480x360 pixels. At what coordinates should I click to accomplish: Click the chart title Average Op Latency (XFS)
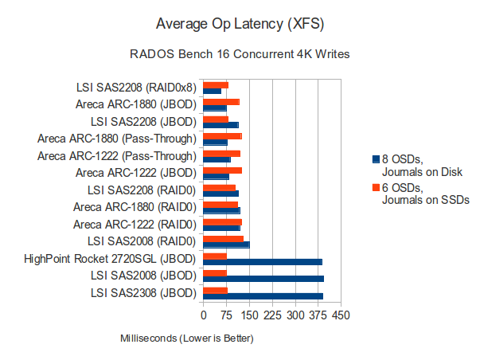click(x=240, y=24)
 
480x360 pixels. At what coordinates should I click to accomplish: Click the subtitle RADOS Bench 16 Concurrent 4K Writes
click(x=240, y=55)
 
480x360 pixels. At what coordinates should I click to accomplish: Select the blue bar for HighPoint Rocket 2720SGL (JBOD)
click(x=263, y=261)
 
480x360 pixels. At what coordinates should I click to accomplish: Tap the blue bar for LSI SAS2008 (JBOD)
click(x=263, y=279)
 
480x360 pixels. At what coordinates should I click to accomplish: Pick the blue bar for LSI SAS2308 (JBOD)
click(x=263, y=296)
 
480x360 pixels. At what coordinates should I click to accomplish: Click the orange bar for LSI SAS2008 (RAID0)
click(x=224, y=238)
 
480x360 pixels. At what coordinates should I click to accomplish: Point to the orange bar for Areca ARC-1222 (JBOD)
click(x=223, y=170)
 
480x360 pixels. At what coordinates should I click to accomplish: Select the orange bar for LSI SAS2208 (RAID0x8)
click(x=216, y=84)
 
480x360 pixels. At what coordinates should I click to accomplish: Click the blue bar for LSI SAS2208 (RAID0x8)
click(x=213, y=92)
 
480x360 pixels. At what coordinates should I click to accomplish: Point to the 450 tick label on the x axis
click(x=341, y=316)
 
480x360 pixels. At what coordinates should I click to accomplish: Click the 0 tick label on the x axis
click(x=204, y=316)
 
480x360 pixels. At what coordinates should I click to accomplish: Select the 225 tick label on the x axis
click(x=273, y=316)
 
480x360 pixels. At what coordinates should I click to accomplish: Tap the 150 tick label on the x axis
click(x=250, y=316)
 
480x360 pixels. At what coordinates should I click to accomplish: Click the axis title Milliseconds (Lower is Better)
click(x=186, y=339)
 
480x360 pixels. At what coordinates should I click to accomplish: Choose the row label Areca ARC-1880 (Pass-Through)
click(x=116, y=139)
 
